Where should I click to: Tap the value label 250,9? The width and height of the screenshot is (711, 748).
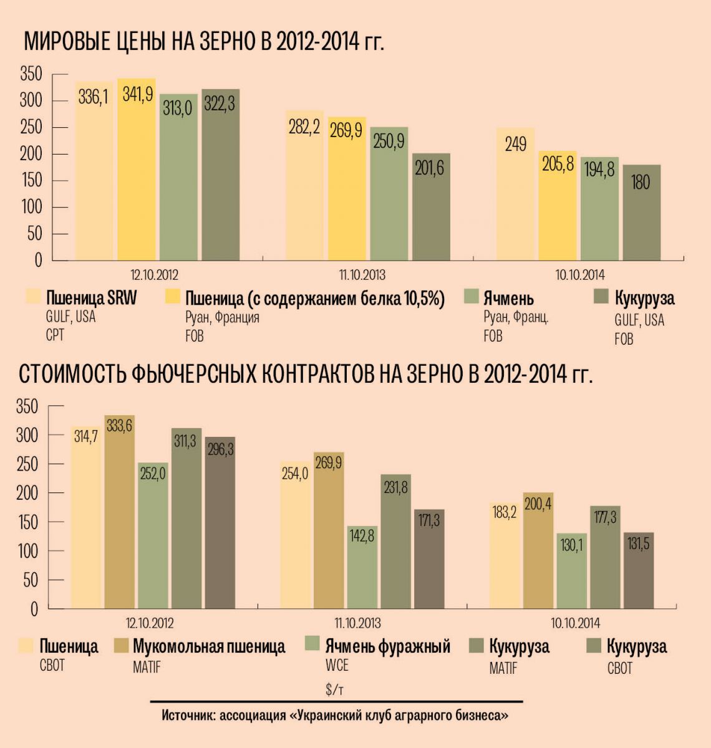click(x=389, y=141)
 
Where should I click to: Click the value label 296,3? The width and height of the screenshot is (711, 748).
click(x=220, y=449)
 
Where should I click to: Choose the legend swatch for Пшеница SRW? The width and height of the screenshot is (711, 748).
click(x=32, y=297)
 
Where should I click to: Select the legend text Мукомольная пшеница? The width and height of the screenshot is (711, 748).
click(x=209, y=646)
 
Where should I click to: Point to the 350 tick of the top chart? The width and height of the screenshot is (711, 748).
click(x=31, y=74)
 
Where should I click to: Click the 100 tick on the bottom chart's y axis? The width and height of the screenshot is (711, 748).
click(x=27, y=551)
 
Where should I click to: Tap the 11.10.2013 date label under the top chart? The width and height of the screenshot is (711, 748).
click(x=362, y=275)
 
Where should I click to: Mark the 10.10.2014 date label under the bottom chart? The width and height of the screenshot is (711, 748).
click(x=575, y=623)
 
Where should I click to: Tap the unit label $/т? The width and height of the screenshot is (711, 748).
click(x=335, y=689)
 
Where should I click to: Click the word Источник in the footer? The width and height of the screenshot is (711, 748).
click(x=186, y=716)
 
